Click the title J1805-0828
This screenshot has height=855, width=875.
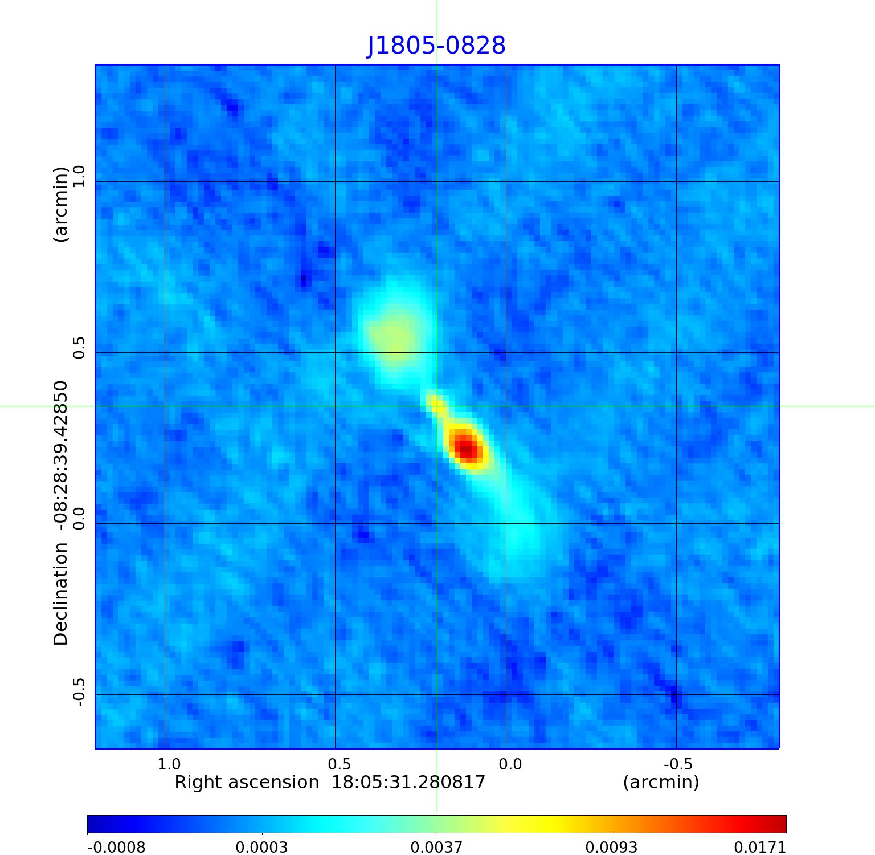(x=436, y=46)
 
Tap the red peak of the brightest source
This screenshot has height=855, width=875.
(x=467, y=447)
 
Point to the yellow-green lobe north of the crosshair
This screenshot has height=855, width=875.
(x=396, y=333)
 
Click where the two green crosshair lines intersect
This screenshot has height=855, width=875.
(x=437, y=406)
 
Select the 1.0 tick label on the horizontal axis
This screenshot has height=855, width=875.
(x=169, y=764)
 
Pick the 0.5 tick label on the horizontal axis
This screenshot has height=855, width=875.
(x=339, y=764)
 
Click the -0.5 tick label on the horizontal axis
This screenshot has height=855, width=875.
(x=678, y=764)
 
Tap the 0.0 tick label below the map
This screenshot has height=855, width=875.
(x=510, y=764)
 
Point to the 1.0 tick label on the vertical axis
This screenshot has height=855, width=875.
(x=79, y=176)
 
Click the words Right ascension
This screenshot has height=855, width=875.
(x=247, y=783)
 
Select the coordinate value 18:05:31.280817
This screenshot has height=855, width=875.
(x=408, y=783)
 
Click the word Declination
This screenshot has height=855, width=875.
(x=60, y=594)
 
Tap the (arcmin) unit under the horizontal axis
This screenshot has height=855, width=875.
(x=661, y=783)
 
